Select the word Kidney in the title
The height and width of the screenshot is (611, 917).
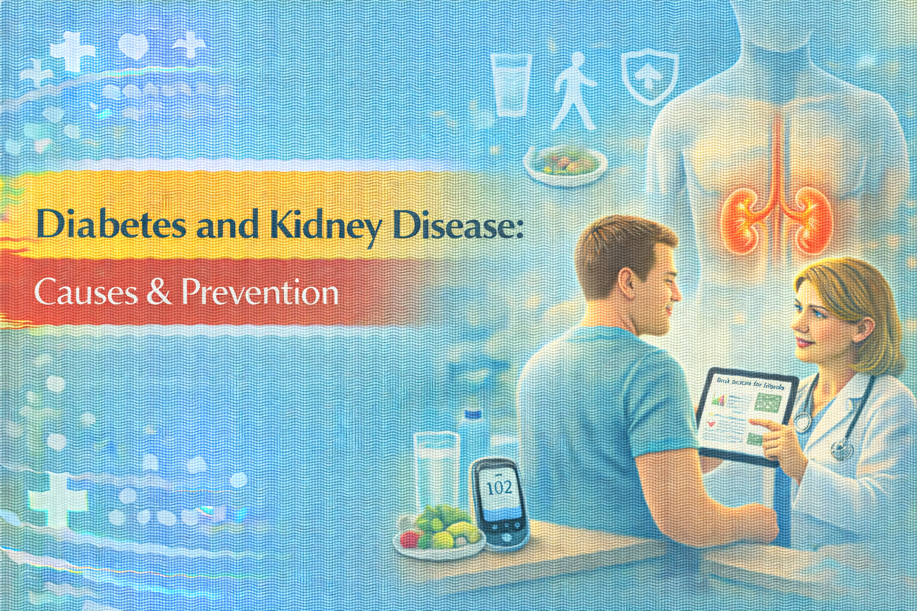[326, 226]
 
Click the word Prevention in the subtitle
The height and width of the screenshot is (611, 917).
[260, 292]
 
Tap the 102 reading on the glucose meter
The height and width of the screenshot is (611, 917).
[499, 488]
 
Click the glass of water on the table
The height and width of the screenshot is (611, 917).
[436, 471]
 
